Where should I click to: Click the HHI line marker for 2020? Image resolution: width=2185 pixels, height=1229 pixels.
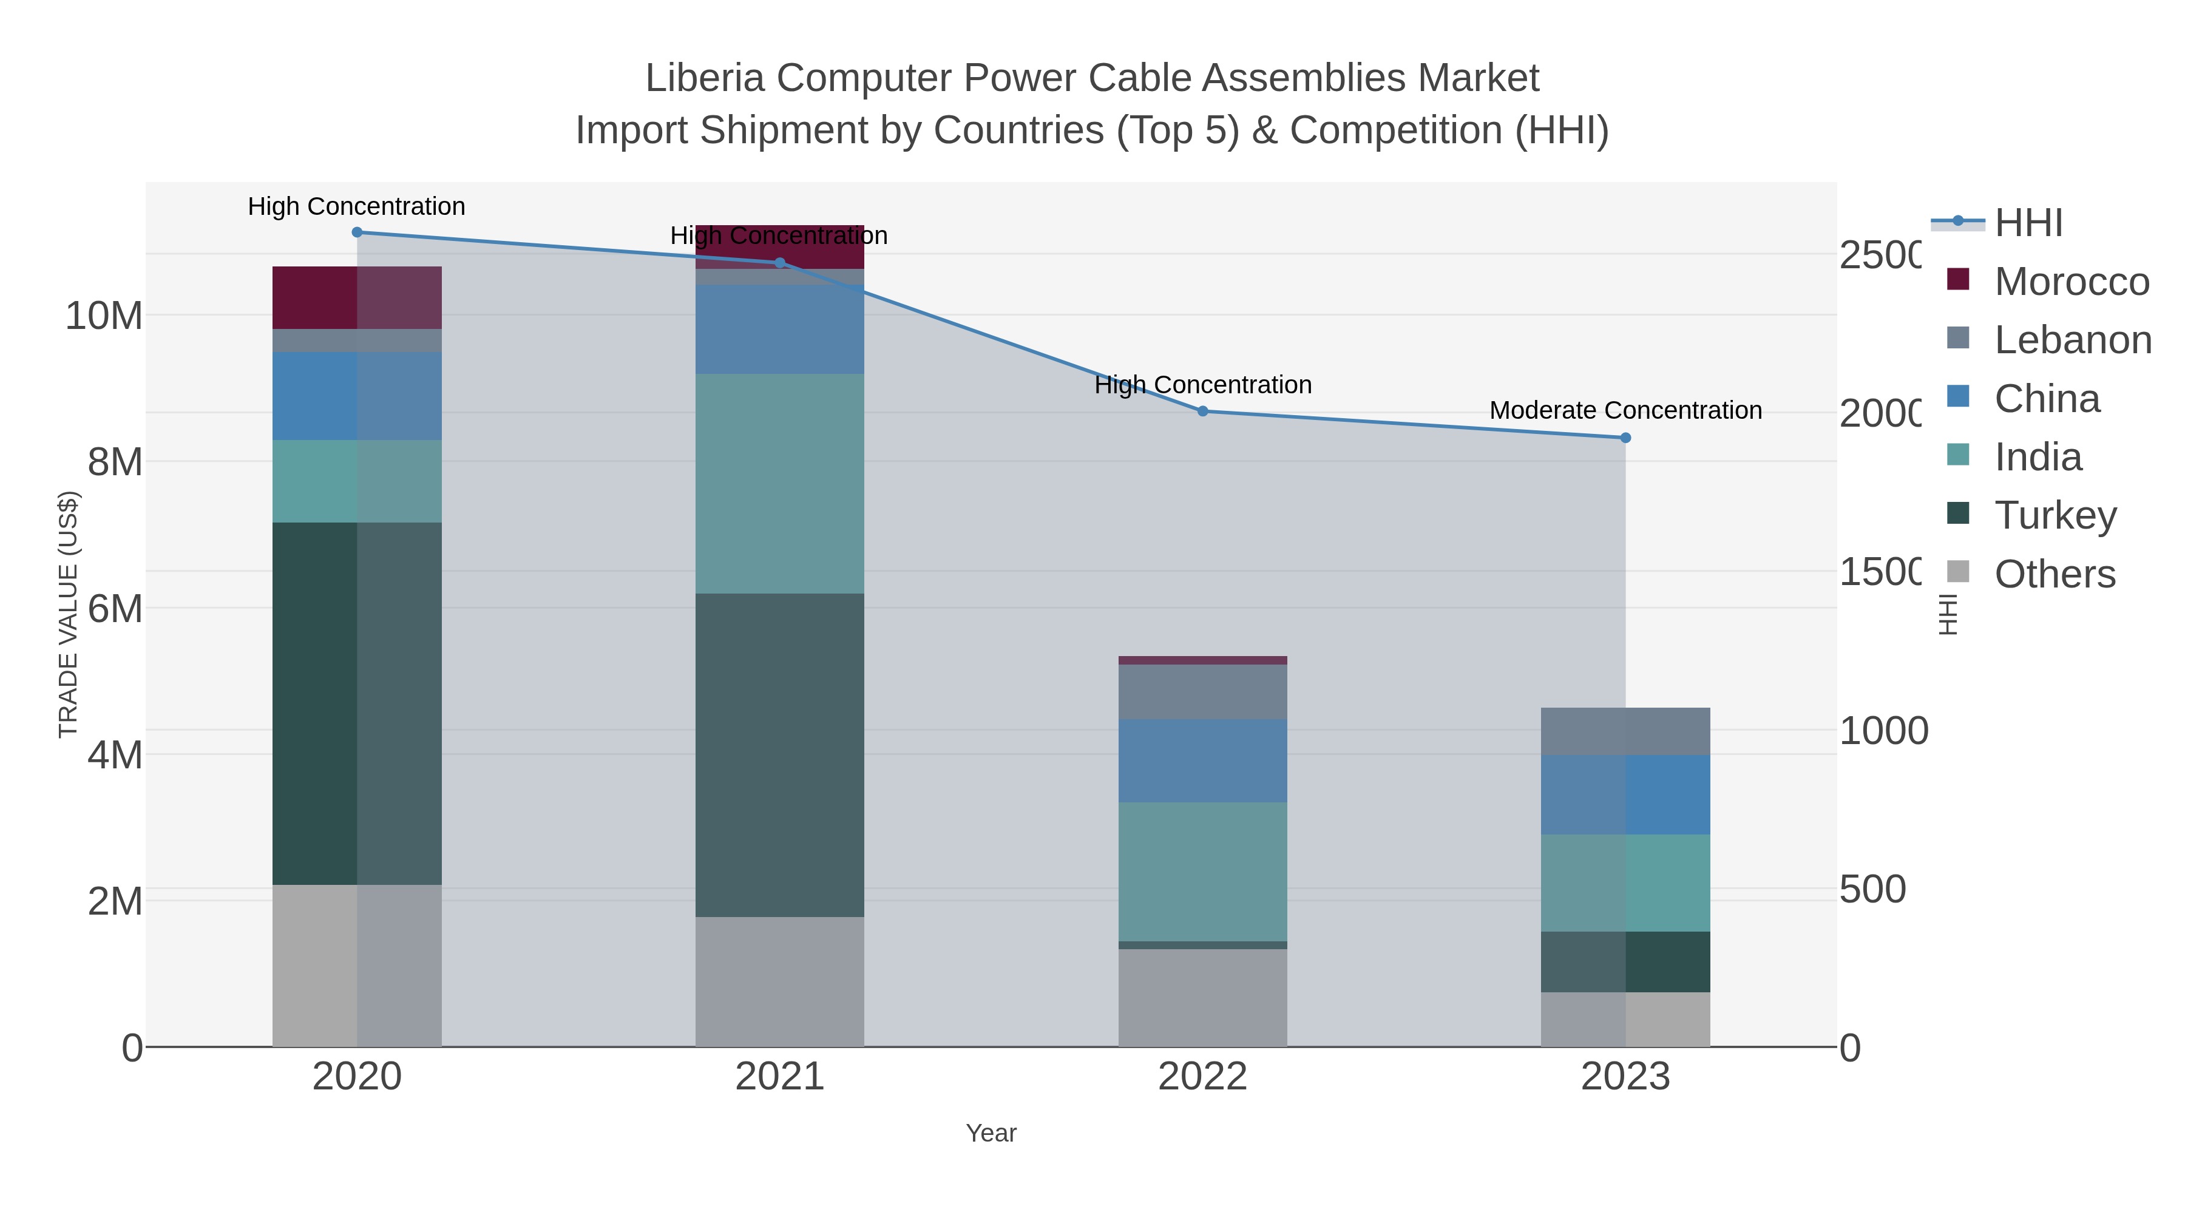point(357,232)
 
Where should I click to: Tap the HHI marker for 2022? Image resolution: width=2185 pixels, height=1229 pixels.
point(1203,411)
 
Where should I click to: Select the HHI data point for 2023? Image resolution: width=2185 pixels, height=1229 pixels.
point(1625,438)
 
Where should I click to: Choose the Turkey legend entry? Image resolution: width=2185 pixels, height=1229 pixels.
point(2055,515)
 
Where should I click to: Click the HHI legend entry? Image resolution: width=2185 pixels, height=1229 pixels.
point(2027,223)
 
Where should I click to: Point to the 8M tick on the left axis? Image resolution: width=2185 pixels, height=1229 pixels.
point(115,463)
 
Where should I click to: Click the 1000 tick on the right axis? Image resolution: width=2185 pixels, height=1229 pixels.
point(1883,731)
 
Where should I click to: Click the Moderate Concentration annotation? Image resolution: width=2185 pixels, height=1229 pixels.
point(1625,410)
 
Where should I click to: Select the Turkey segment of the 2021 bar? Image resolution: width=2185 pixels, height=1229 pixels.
point(779,755)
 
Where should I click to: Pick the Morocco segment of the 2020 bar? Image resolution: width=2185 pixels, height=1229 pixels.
point(357,298)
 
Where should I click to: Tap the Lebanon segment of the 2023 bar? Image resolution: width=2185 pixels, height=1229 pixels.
point(1625,731)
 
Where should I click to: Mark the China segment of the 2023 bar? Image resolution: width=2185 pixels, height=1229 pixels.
point(1625,794)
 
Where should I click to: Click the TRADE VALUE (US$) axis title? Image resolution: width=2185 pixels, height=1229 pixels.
point(68,614)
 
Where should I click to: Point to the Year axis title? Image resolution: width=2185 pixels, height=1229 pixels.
point(991,1133)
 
